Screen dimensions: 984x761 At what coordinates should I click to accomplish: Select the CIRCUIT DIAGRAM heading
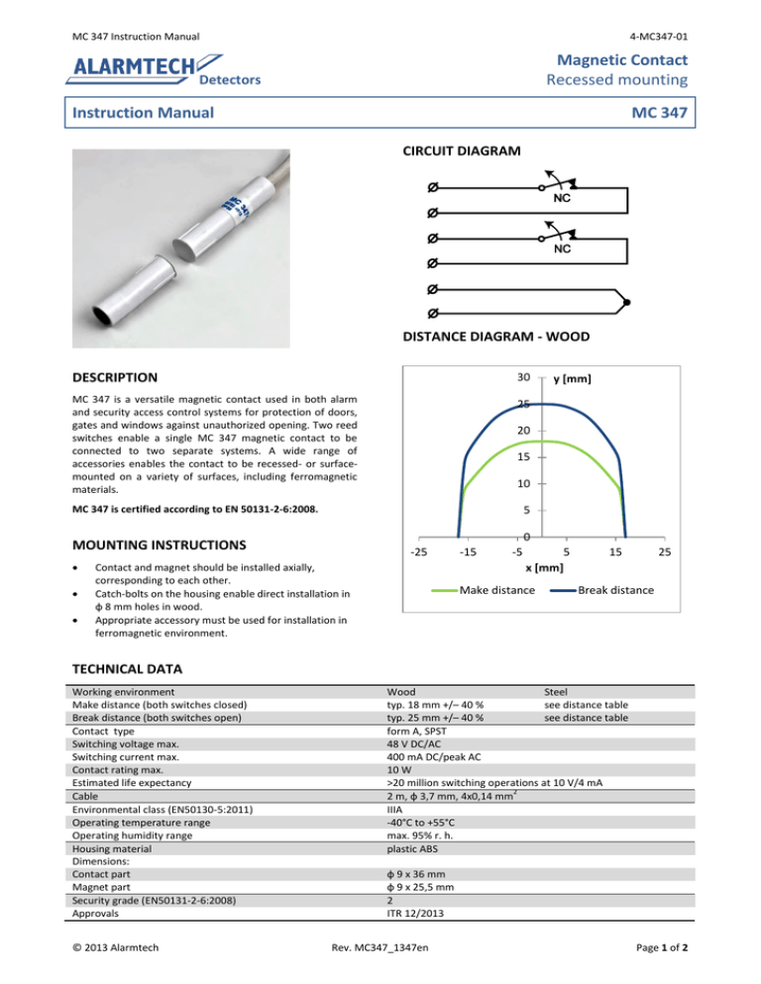(x=458, y=151)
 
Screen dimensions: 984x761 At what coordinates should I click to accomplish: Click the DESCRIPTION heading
(x=116, y=377)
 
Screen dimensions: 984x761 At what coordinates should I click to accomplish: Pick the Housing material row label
(x=116, y=848)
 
